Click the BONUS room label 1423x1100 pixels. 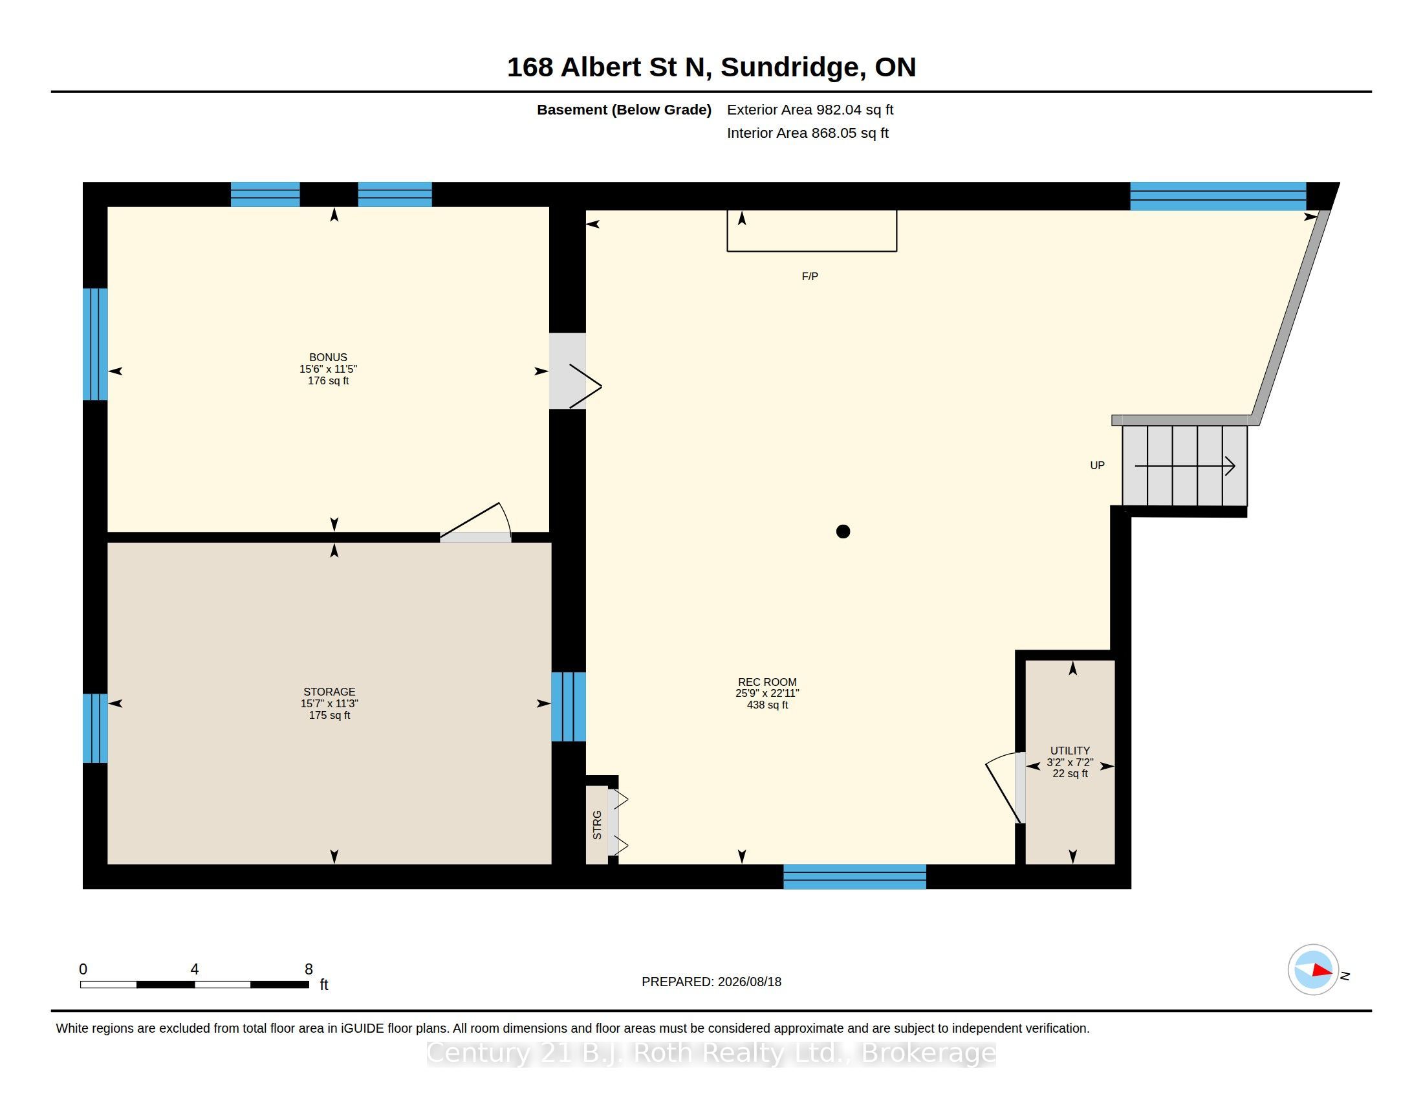[x=328, y=357]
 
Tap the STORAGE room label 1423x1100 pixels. [x=329, y=692]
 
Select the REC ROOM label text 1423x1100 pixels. [x=767, y=681]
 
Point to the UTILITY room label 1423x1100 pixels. [x=1070, y=751]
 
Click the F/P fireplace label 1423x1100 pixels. [x=810, y=276]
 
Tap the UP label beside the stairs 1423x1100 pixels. [x=1097, y=465]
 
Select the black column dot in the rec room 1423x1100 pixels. [x=843, y=532]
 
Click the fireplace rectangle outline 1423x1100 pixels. [x=812, y=251]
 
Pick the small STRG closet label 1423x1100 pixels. [x=597, y=825]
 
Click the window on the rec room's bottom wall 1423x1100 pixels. [x=854, y=877]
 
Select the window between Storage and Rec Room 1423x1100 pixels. [x=568, y=707]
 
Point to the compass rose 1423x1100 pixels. [x=1313, y=970]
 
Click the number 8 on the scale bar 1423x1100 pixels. [x=309, y=969]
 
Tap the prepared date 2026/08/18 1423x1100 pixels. [x=749, y=982]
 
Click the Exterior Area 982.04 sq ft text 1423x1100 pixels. [x=810, y=109]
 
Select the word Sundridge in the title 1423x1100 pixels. [x=793, y=67]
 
